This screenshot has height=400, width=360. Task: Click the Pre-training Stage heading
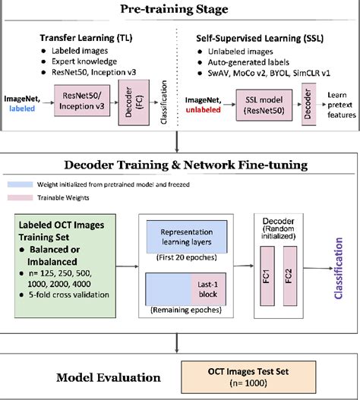tap(180, 10)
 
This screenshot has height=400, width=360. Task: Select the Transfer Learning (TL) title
tap(89, 36)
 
